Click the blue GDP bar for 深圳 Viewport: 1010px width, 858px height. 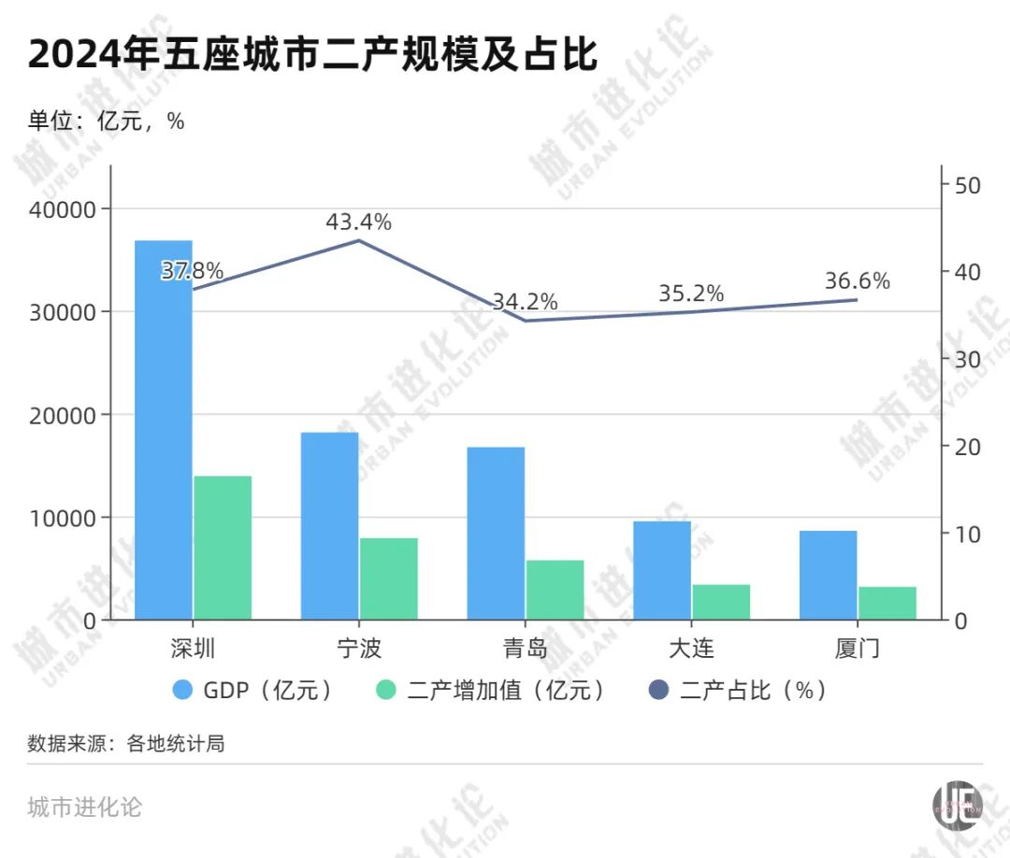[164, 430]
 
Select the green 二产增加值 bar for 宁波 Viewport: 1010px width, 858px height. [388, 579]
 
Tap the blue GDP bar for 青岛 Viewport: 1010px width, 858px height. [496, 533]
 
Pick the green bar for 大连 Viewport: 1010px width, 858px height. [721, 602]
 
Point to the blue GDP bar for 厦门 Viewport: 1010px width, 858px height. [828, 575]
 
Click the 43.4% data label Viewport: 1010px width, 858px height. [358, 222]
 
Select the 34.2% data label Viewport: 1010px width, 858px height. [525, 302]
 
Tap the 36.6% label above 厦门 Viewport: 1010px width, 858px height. [857, 280]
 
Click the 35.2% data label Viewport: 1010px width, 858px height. [691, 293]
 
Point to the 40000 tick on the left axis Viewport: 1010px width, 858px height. [65, 209]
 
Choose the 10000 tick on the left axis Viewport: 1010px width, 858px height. [65, 518]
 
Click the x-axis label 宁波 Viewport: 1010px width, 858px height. [359, 648]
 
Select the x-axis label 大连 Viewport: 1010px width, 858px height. [691, 648]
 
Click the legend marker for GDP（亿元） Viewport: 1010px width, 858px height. [183, 691]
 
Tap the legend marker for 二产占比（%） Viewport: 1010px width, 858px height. [659, 691]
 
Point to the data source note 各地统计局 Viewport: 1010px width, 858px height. [175, 744]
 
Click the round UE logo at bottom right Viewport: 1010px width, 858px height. [958, 804]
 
